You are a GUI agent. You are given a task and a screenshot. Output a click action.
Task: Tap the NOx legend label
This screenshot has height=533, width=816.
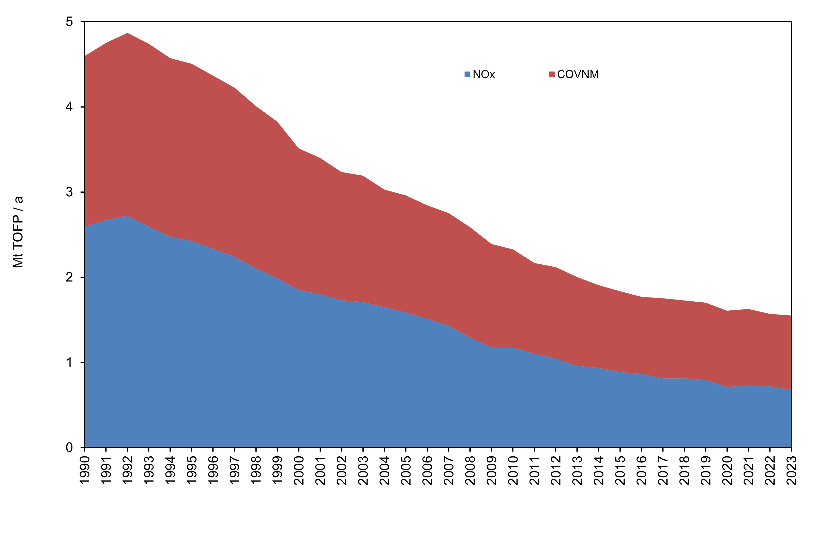tap(484, 74)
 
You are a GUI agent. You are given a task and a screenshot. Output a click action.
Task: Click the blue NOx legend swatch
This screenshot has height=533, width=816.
tap(467, 74)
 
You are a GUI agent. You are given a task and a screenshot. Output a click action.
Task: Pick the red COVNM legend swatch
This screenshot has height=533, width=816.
tap(552, 74)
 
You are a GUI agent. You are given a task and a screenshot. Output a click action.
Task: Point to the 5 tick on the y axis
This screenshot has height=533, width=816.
tap(70, 22)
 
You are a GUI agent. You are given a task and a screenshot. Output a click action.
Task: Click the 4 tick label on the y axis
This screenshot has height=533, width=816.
tap(70, 107)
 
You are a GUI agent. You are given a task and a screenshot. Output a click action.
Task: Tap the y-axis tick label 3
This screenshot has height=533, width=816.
tap(70, 192)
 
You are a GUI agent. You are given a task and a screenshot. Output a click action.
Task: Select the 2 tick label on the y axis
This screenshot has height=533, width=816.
tap(70, 277)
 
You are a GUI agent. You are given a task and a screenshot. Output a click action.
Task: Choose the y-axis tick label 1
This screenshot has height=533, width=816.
tap(70, 362)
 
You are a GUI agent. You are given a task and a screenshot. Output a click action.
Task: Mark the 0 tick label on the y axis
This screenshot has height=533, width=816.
tap(70, 447)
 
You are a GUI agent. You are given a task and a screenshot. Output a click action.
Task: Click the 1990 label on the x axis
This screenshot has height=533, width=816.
tap(85, 470)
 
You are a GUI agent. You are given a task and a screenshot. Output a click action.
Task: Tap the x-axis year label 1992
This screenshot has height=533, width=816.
tap(127, 470)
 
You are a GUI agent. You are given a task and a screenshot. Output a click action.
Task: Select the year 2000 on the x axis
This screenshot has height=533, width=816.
tap(299, 470)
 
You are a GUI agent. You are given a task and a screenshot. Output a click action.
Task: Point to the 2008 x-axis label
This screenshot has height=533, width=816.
tap(470, 470)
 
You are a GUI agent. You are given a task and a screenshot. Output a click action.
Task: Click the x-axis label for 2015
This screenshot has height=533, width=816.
tap(620, 470)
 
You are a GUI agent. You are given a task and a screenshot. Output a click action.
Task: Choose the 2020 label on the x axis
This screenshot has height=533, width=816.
tap(727, 470)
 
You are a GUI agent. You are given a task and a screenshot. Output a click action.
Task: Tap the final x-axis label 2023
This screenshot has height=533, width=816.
tap(791, 470)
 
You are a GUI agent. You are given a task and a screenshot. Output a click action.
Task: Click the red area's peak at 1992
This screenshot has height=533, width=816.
tap(127, 33)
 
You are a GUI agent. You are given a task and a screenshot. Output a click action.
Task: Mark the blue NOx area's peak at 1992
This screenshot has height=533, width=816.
tap(127, 216)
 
